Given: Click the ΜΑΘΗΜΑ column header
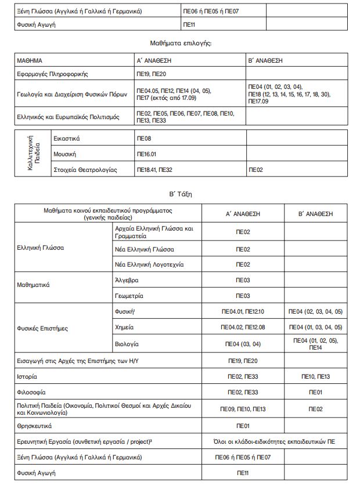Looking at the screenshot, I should click(30, 60).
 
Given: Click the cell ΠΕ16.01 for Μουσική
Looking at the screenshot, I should click(146, 154).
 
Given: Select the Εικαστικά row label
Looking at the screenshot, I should click(66, 139).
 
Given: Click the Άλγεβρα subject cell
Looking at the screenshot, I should click(127, 280).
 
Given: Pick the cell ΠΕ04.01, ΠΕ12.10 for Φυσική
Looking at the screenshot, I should click(243, 312).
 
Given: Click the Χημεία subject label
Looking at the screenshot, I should click(125, 328).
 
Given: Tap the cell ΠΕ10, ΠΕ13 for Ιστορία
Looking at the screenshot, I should click(316, 377).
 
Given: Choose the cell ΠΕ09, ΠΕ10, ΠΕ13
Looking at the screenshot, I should click(243, 409).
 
